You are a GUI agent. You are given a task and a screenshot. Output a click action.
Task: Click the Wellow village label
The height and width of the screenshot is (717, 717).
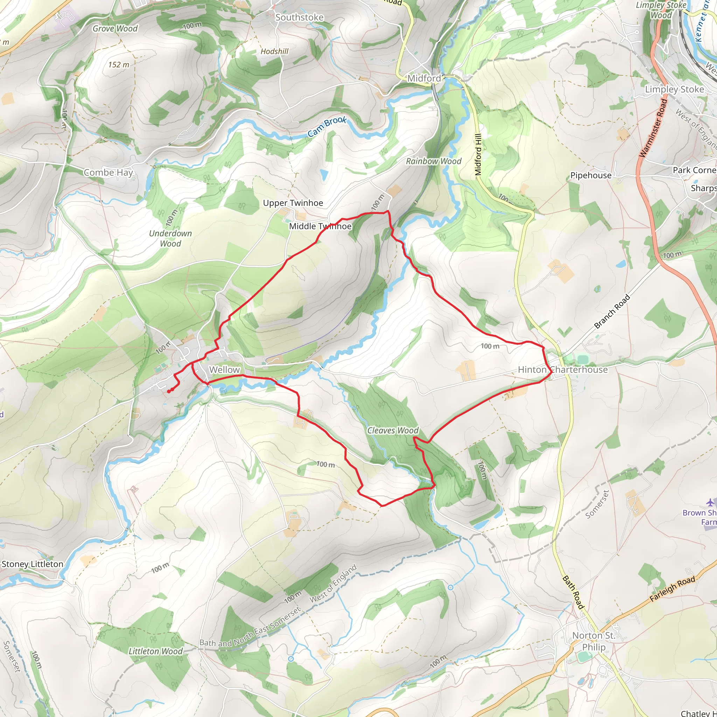[x=224, y=370]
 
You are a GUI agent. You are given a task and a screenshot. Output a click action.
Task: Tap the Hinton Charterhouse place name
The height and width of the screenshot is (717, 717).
[x=563, y=370]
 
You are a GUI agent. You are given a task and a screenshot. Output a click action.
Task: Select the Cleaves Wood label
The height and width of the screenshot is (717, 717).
[x=393, y=431]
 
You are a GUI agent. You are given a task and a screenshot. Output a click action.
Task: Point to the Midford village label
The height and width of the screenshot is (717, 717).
[x=424, y=78]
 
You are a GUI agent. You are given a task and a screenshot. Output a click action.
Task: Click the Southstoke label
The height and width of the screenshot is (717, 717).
[x=299, y=18]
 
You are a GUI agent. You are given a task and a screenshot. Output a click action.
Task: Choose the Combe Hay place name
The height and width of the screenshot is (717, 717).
[x=108, y=173]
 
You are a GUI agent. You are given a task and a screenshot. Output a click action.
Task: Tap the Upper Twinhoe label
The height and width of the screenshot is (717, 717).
[x=293, y=203]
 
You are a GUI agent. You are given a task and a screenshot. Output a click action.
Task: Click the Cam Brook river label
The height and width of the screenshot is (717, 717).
[x=327, y=126]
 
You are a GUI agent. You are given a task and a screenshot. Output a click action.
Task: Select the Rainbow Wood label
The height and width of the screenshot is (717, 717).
[x=433, y=161]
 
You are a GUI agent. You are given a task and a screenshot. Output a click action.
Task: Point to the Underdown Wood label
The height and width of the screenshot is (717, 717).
[x=170, y=239]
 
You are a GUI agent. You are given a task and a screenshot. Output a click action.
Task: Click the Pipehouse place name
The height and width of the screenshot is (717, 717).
[x=591, y=175]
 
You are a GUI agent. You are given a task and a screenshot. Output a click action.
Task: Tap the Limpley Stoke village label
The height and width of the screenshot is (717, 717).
[x=674, y=89]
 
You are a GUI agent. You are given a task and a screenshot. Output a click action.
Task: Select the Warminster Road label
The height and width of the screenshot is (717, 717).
[x=654, y=128]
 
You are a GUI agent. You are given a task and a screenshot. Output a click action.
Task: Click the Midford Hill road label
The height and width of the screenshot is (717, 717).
[x=478, y=154]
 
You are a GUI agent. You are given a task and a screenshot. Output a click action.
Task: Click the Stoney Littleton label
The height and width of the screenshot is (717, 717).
[x=32, y=564]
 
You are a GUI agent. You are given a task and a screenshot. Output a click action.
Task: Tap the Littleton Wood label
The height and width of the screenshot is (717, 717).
[x=155, y=651]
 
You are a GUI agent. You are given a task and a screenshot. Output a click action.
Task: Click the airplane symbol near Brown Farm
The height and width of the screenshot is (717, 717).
[x=710, y=502]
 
